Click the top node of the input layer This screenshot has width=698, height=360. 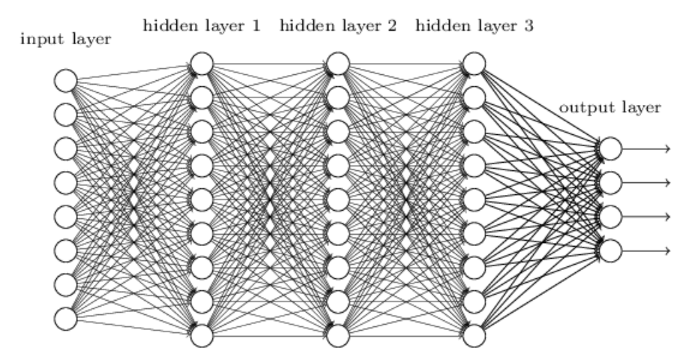click(66, 80)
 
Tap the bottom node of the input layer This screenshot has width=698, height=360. click(66, 319)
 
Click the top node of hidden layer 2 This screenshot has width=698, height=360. click(338, 64)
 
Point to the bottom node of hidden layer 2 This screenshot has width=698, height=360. click(338, 334)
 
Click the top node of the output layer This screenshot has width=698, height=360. click(611, 148)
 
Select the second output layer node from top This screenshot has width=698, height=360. click(611, 182)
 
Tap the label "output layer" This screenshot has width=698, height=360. click(610, 108)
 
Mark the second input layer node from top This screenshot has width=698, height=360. click(66, 114)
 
